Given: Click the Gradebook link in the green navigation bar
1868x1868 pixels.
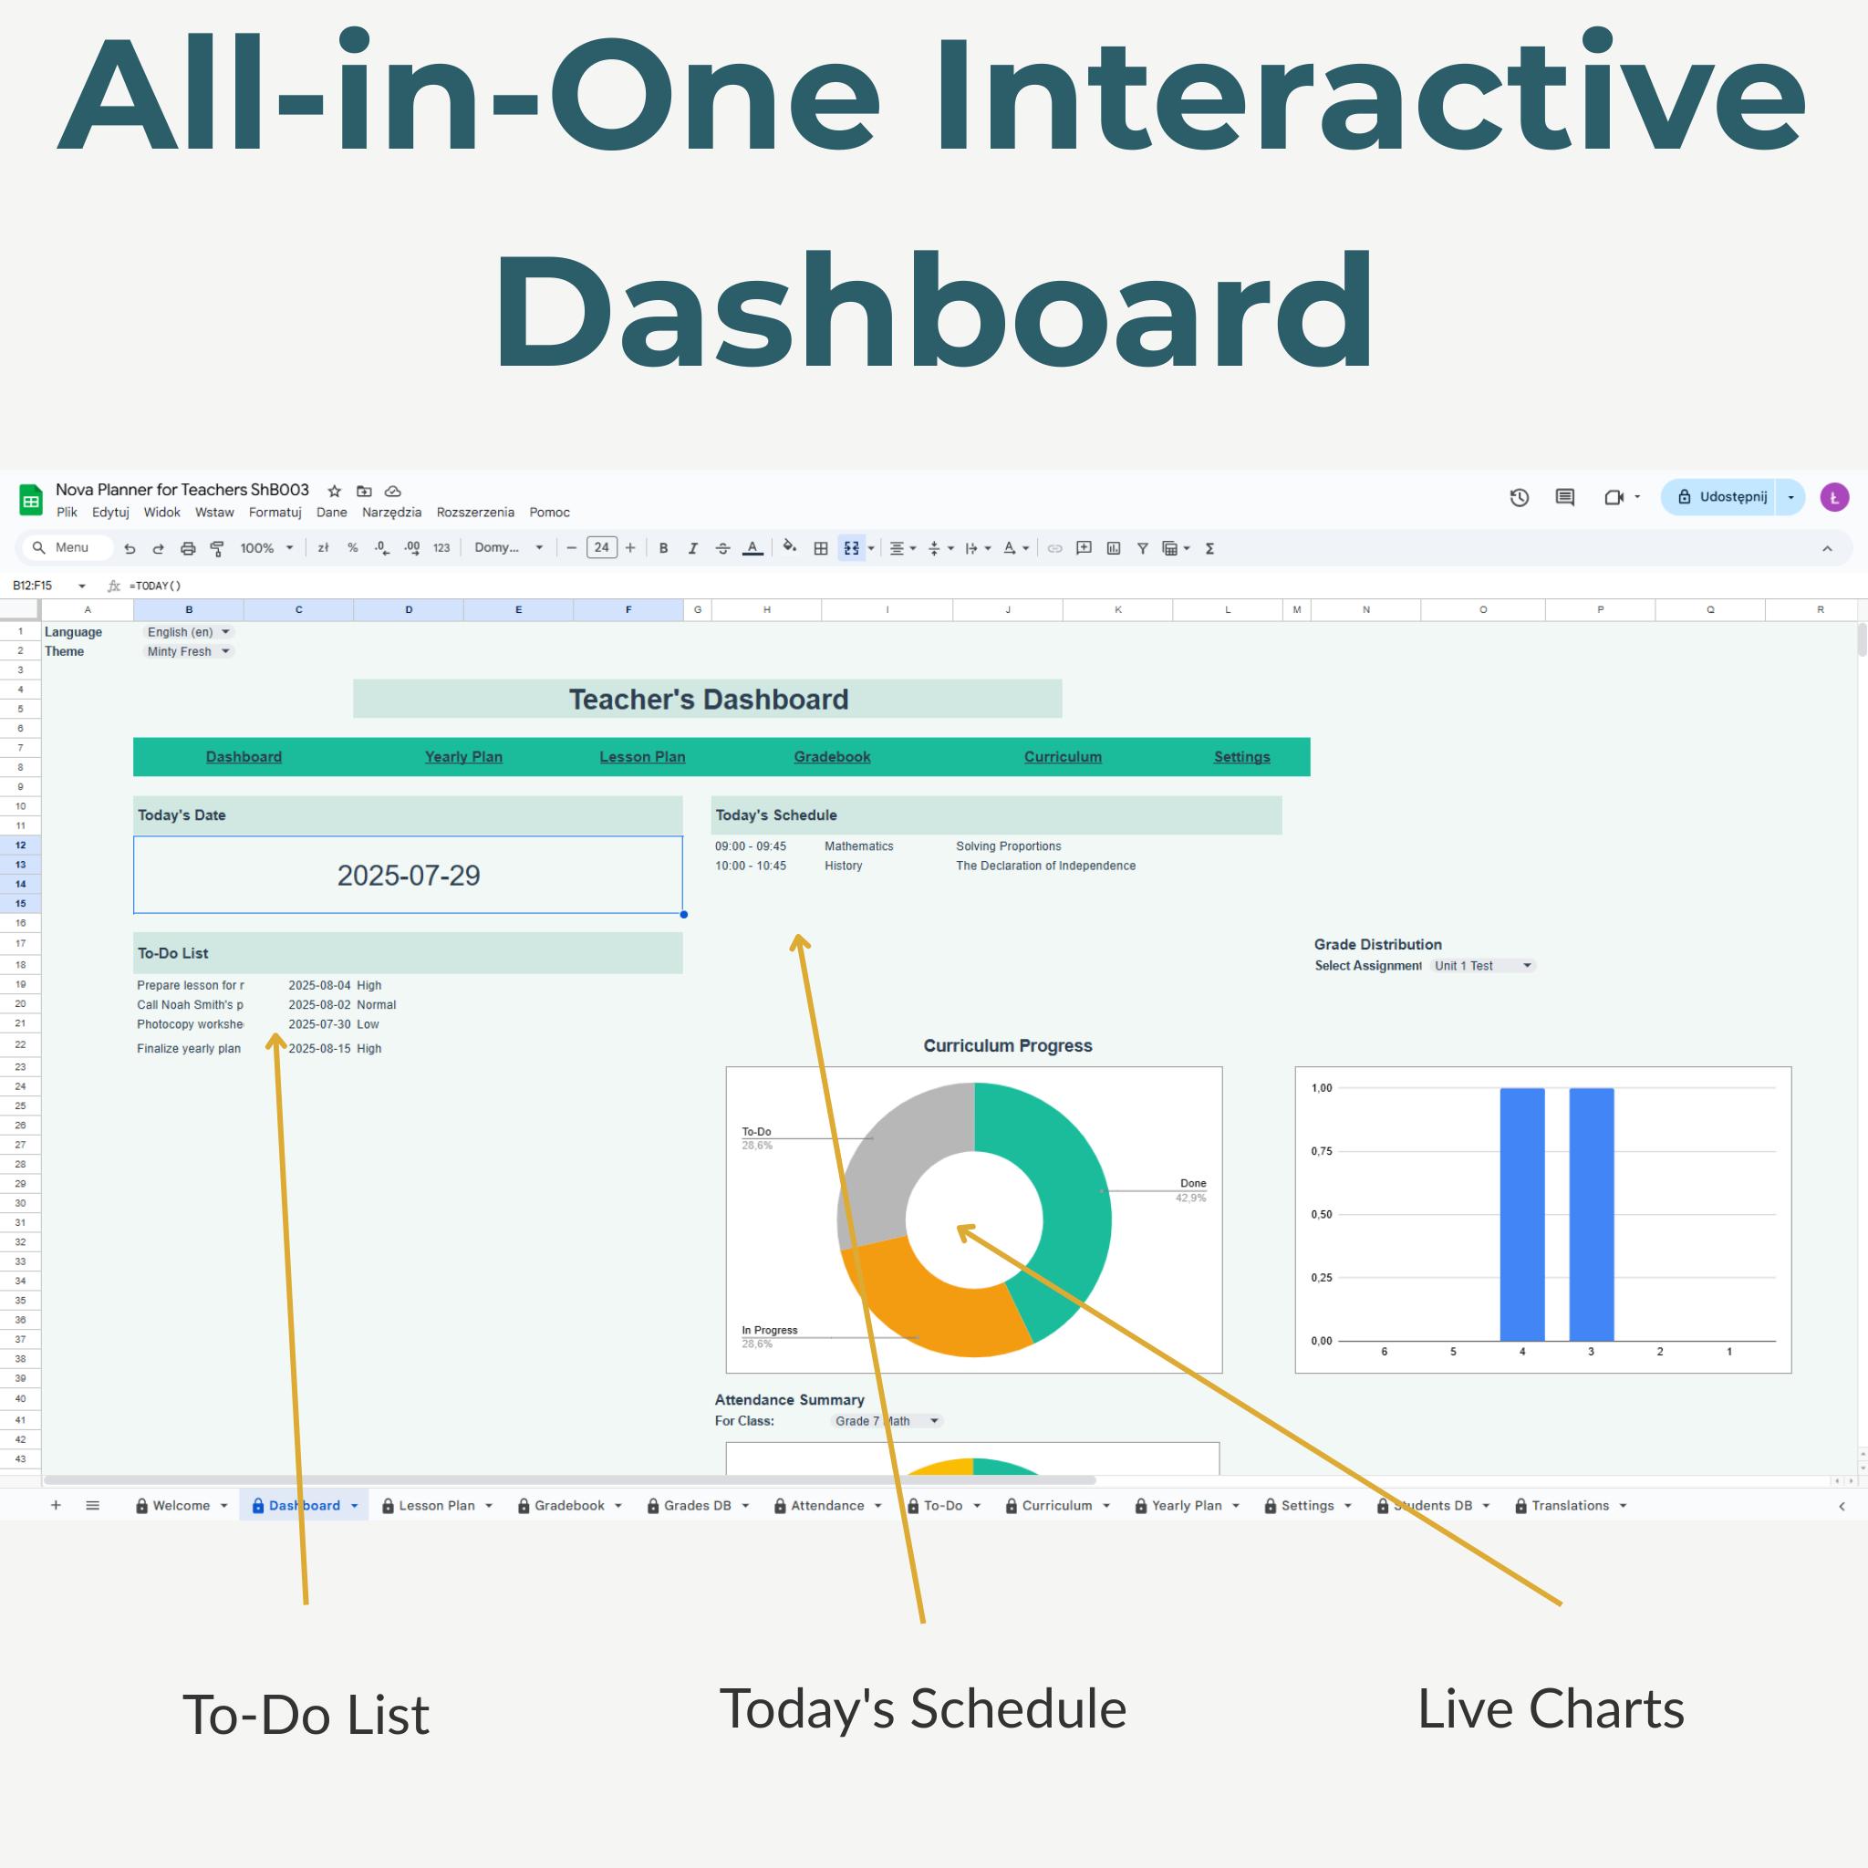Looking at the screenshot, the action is [x=832, y=757].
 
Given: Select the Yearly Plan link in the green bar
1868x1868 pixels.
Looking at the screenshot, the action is [x=463, y=757].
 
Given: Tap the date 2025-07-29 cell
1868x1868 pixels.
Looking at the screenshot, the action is [x=408, y=875].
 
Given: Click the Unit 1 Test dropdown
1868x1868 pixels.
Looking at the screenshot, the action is [x=1482, y=966].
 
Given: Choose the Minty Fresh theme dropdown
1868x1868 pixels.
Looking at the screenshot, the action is [x=188, y=651].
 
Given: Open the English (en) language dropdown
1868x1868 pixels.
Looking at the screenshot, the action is [x=189, y=632].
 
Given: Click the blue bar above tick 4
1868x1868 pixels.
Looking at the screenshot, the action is [x=1522, y=1214].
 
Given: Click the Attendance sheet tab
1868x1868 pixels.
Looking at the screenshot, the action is [x=827, y=1505].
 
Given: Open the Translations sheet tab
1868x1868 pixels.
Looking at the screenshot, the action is [x=1571, y=1505].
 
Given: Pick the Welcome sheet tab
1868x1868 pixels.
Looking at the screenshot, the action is [x=181, y=1505].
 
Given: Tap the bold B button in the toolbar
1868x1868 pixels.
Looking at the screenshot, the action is [x=663, y=548].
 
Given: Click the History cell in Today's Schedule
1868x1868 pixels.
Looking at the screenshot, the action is [x=843, y=867].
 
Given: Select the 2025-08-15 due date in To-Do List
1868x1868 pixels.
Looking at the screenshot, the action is [x=319, y=1048].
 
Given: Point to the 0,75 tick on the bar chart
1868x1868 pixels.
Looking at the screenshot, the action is [x=1321, y=1152].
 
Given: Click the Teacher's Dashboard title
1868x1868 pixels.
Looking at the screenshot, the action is [x=708, y=699].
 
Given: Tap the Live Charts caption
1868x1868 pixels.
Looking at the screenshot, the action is [x=1551, y=1708].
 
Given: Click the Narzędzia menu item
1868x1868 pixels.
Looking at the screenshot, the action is [x=391, y=513].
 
